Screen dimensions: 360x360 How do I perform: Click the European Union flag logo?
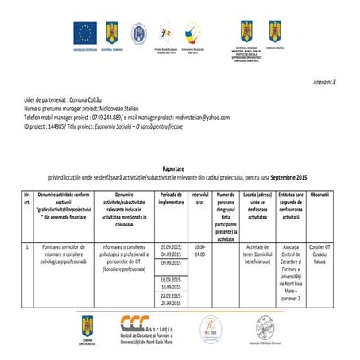(85, 33)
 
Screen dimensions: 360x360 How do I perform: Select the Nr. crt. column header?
(28, 199)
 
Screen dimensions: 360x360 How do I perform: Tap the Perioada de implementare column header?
(177, 199)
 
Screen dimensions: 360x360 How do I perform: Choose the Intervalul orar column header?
(199, 199)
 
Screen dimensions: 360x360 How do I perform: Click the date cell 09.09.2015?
(176, 263)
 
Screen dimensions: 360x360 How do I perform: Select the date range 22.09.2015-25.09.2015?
(176, 300)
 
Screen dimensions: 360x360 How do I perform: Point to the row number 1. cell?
(28, 247)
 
